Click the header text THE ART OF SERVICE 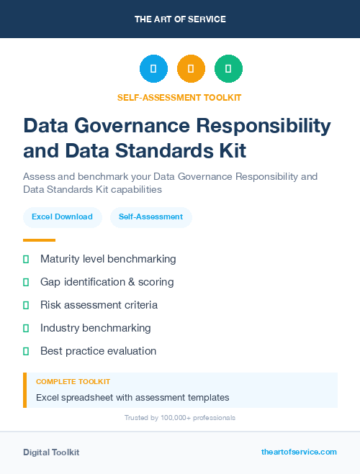(180, 19)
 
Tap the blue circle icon (153, 69)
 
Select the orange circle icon (191, 69)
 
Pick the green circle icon (228, 69)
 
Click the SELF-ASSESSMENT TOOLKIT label (179, 97)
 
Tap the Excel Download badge (62, 217)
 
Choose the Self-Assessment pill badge (150, 217)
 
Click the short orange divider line (39, 240)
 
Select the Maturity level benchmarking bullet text (108, 259)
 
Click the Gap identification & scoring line (107, 282)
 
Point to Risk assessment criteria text (99, 305)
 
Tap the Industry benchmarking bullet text (96, 328)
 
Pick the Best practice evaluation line (98, 351)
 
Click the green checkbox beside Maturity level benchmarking (26, 259)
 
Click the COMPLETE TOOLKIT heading (73, 382)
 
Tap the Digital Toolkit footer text (51, 452)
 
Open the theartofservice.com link (299, 452)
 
